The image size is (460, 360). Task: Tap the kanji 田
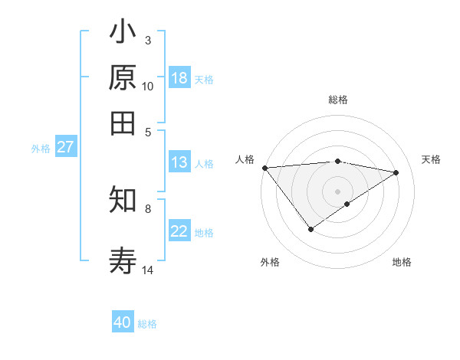123,123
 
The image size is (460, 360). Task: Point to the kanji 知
123,200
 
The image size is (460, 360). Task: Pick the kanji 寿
123,261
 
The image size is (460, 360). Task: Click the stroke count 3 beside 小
148,40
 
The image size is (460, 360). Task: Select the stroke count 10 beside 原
148,86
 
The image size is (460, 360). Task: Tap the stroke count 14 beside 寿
148,270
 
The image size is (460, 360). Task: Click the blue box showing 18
179,78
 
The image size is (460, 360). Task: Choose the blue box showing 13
179,162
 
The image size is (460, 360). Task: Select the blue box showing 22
179,231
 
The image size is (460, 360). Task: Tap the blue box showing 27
65,147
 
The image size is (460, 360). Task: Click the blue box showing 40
123,322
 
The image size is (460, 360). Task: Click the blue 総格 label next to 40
147,324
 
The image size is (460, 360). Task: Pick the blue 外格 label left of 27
41,149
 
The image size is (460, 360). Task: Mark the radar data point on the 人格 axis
264,168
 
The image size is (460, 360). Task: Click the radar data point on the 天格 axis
396,172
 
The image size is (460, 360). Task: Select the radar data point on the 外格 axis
310,229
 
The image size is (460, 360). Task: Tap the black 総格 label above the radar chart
337,100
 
